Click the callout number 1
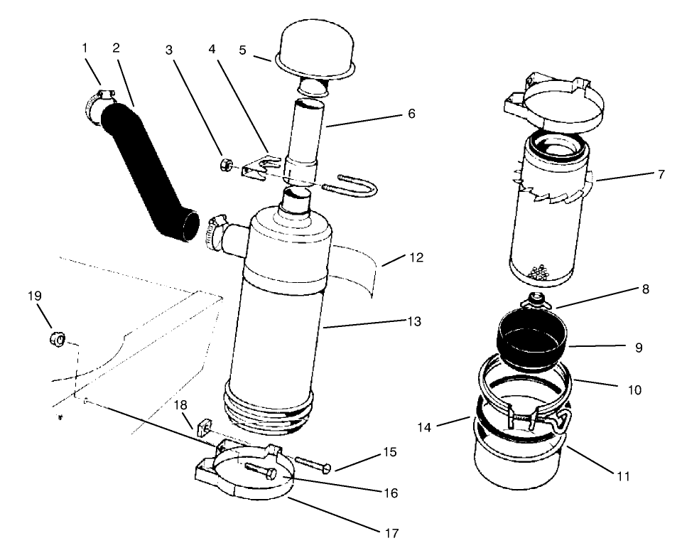point(85,48)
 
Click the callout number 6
point(411,114)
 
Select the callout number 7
point(661,173)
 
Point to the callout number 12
point(416,257)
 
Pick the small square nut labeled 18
point(201,425)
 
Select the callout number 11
point(623,476)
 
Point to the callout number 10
point(634,390)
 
